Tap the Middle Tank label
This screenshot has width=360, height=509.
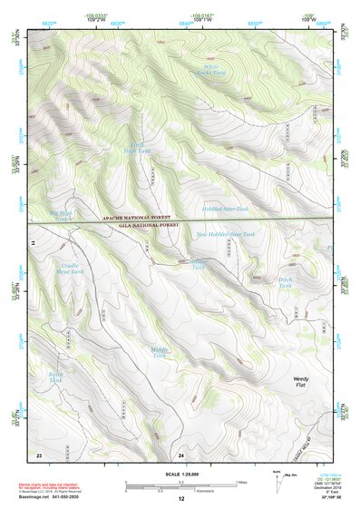(160, 351)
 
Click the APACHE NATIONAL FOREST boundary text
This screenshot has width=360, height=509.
(137, 220)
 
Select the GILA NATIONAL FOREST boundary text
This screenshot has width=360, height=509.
(137, 227)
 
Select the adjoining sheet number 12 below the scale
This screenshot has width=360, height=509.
(181, 500)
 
